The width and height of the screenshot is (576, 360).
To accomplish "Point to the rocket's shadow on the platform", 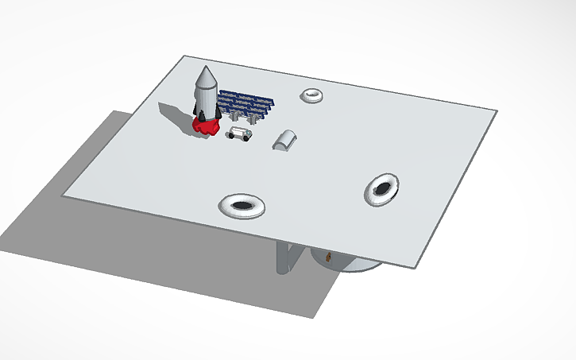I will (x=175, y=113).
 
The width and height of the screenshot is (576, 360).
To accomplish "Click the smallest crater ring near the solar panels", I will (x=312, y=95).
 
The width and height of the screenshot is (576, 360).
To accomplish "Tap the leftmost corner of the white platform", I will (x=64, y=194).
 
